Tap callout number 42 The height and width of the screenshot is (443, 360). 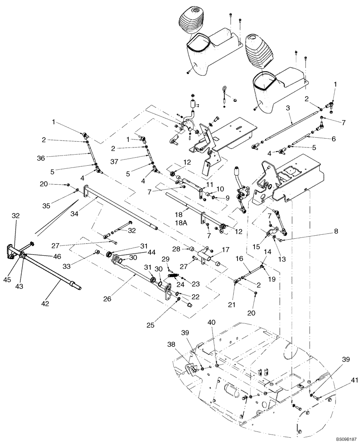45,303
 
